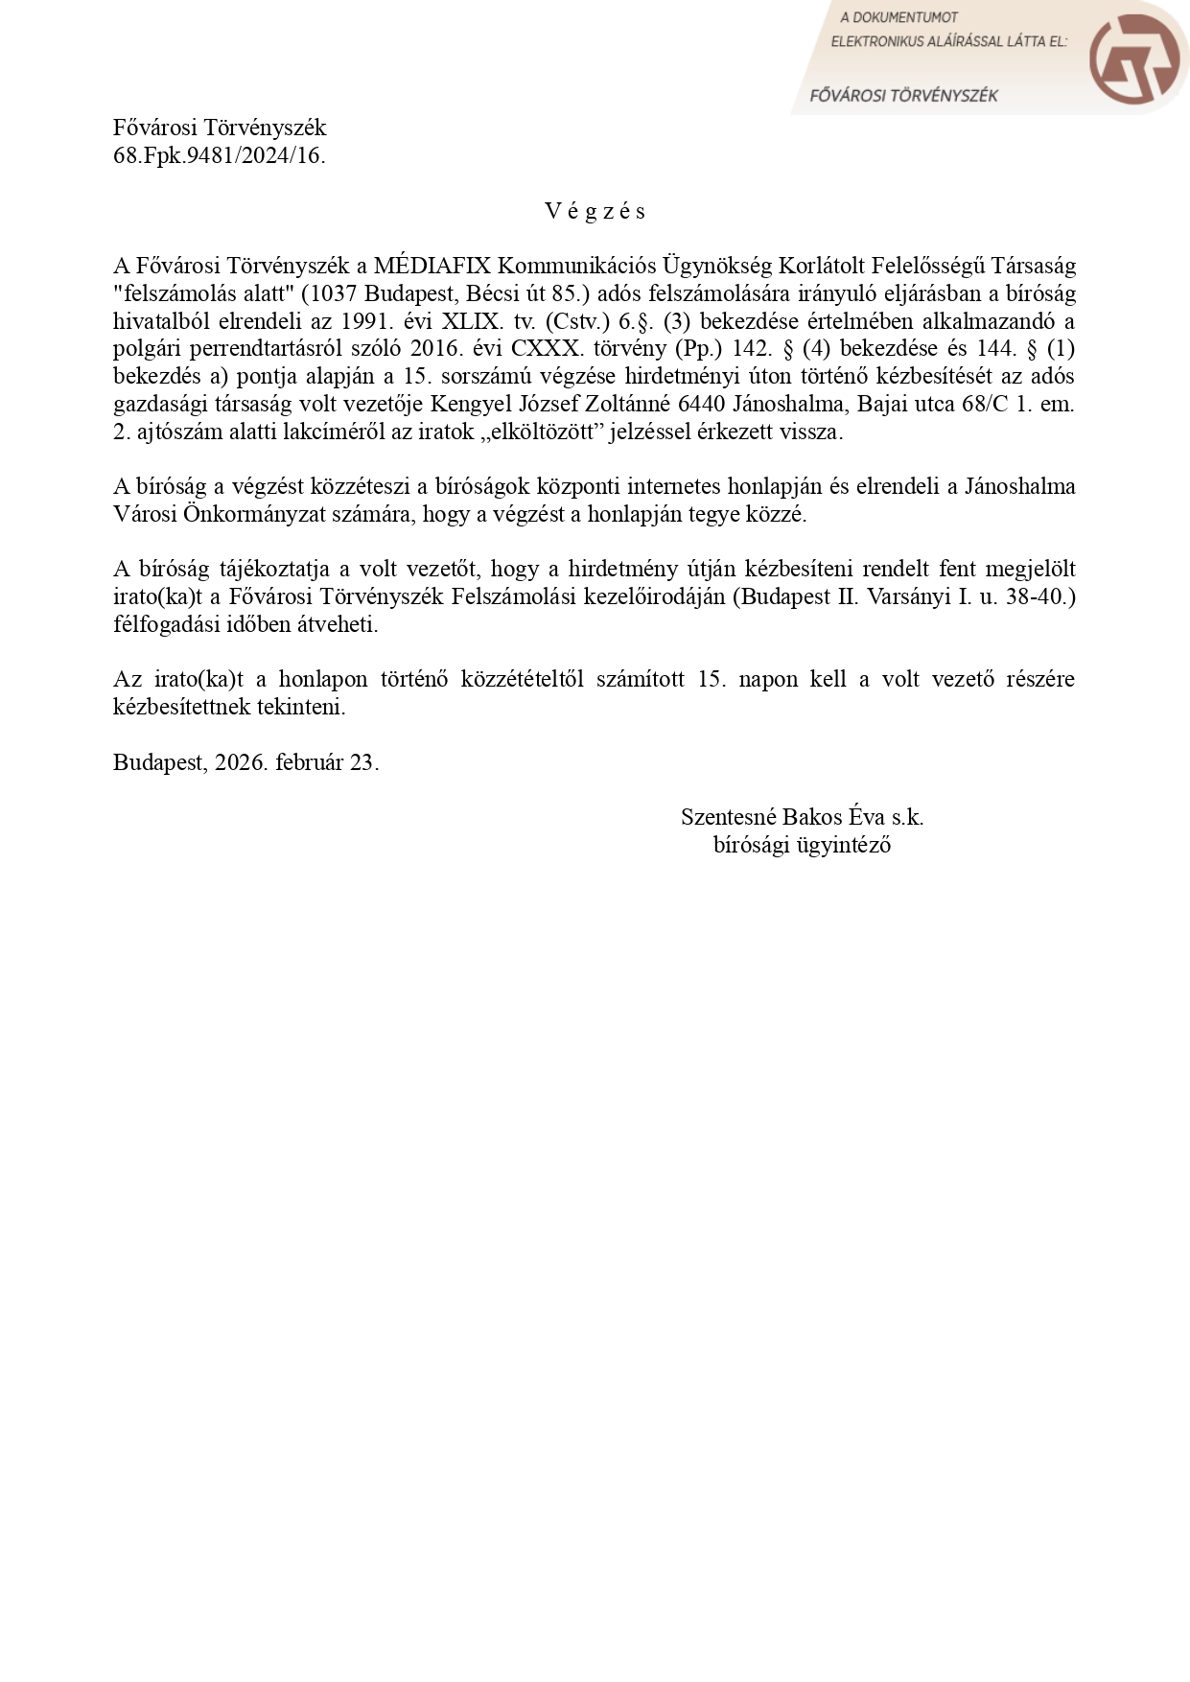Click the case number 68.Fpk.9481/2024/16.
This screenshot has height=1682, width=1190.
click(x=219, y=155)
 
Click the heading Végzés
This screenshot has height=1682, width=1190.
click(x=595, y=211)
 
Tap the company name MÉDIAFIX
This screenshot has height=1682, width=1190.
click(x=432, y=266)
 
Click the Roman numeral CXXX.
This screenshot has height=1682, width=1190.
click(x=546, y=348)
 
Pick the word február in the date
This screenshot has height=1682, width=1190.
click(x=309, y=762)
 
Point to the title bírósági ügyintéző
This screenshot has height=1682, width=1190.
click(x=802, y=845)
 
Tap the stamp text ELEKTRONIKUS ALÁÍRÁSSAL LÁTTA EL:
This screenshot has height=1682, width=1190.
click(x=948, y=41)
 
